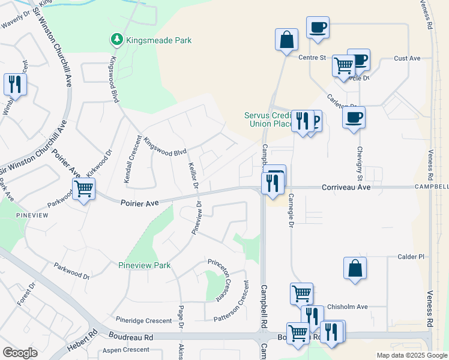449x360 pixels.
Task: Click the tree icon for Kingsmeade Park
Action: (116, 40)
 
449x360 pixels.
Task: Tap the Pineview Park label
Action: (144, 265)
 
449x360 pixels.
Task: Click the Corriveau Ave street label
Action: (346, 188)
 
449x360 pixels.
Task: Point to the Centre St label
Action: (312, 58)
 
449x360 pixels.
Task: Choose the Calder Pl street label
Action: (411, 257)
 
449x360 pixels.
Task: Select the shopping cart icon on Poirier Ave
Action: (83, 190)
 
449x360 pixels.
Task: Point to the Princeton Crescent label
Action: (220, 272)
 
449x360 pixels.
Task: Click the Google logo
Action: (20, 353)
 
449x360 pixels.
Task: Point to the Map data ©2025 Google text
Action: (411, 355)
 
